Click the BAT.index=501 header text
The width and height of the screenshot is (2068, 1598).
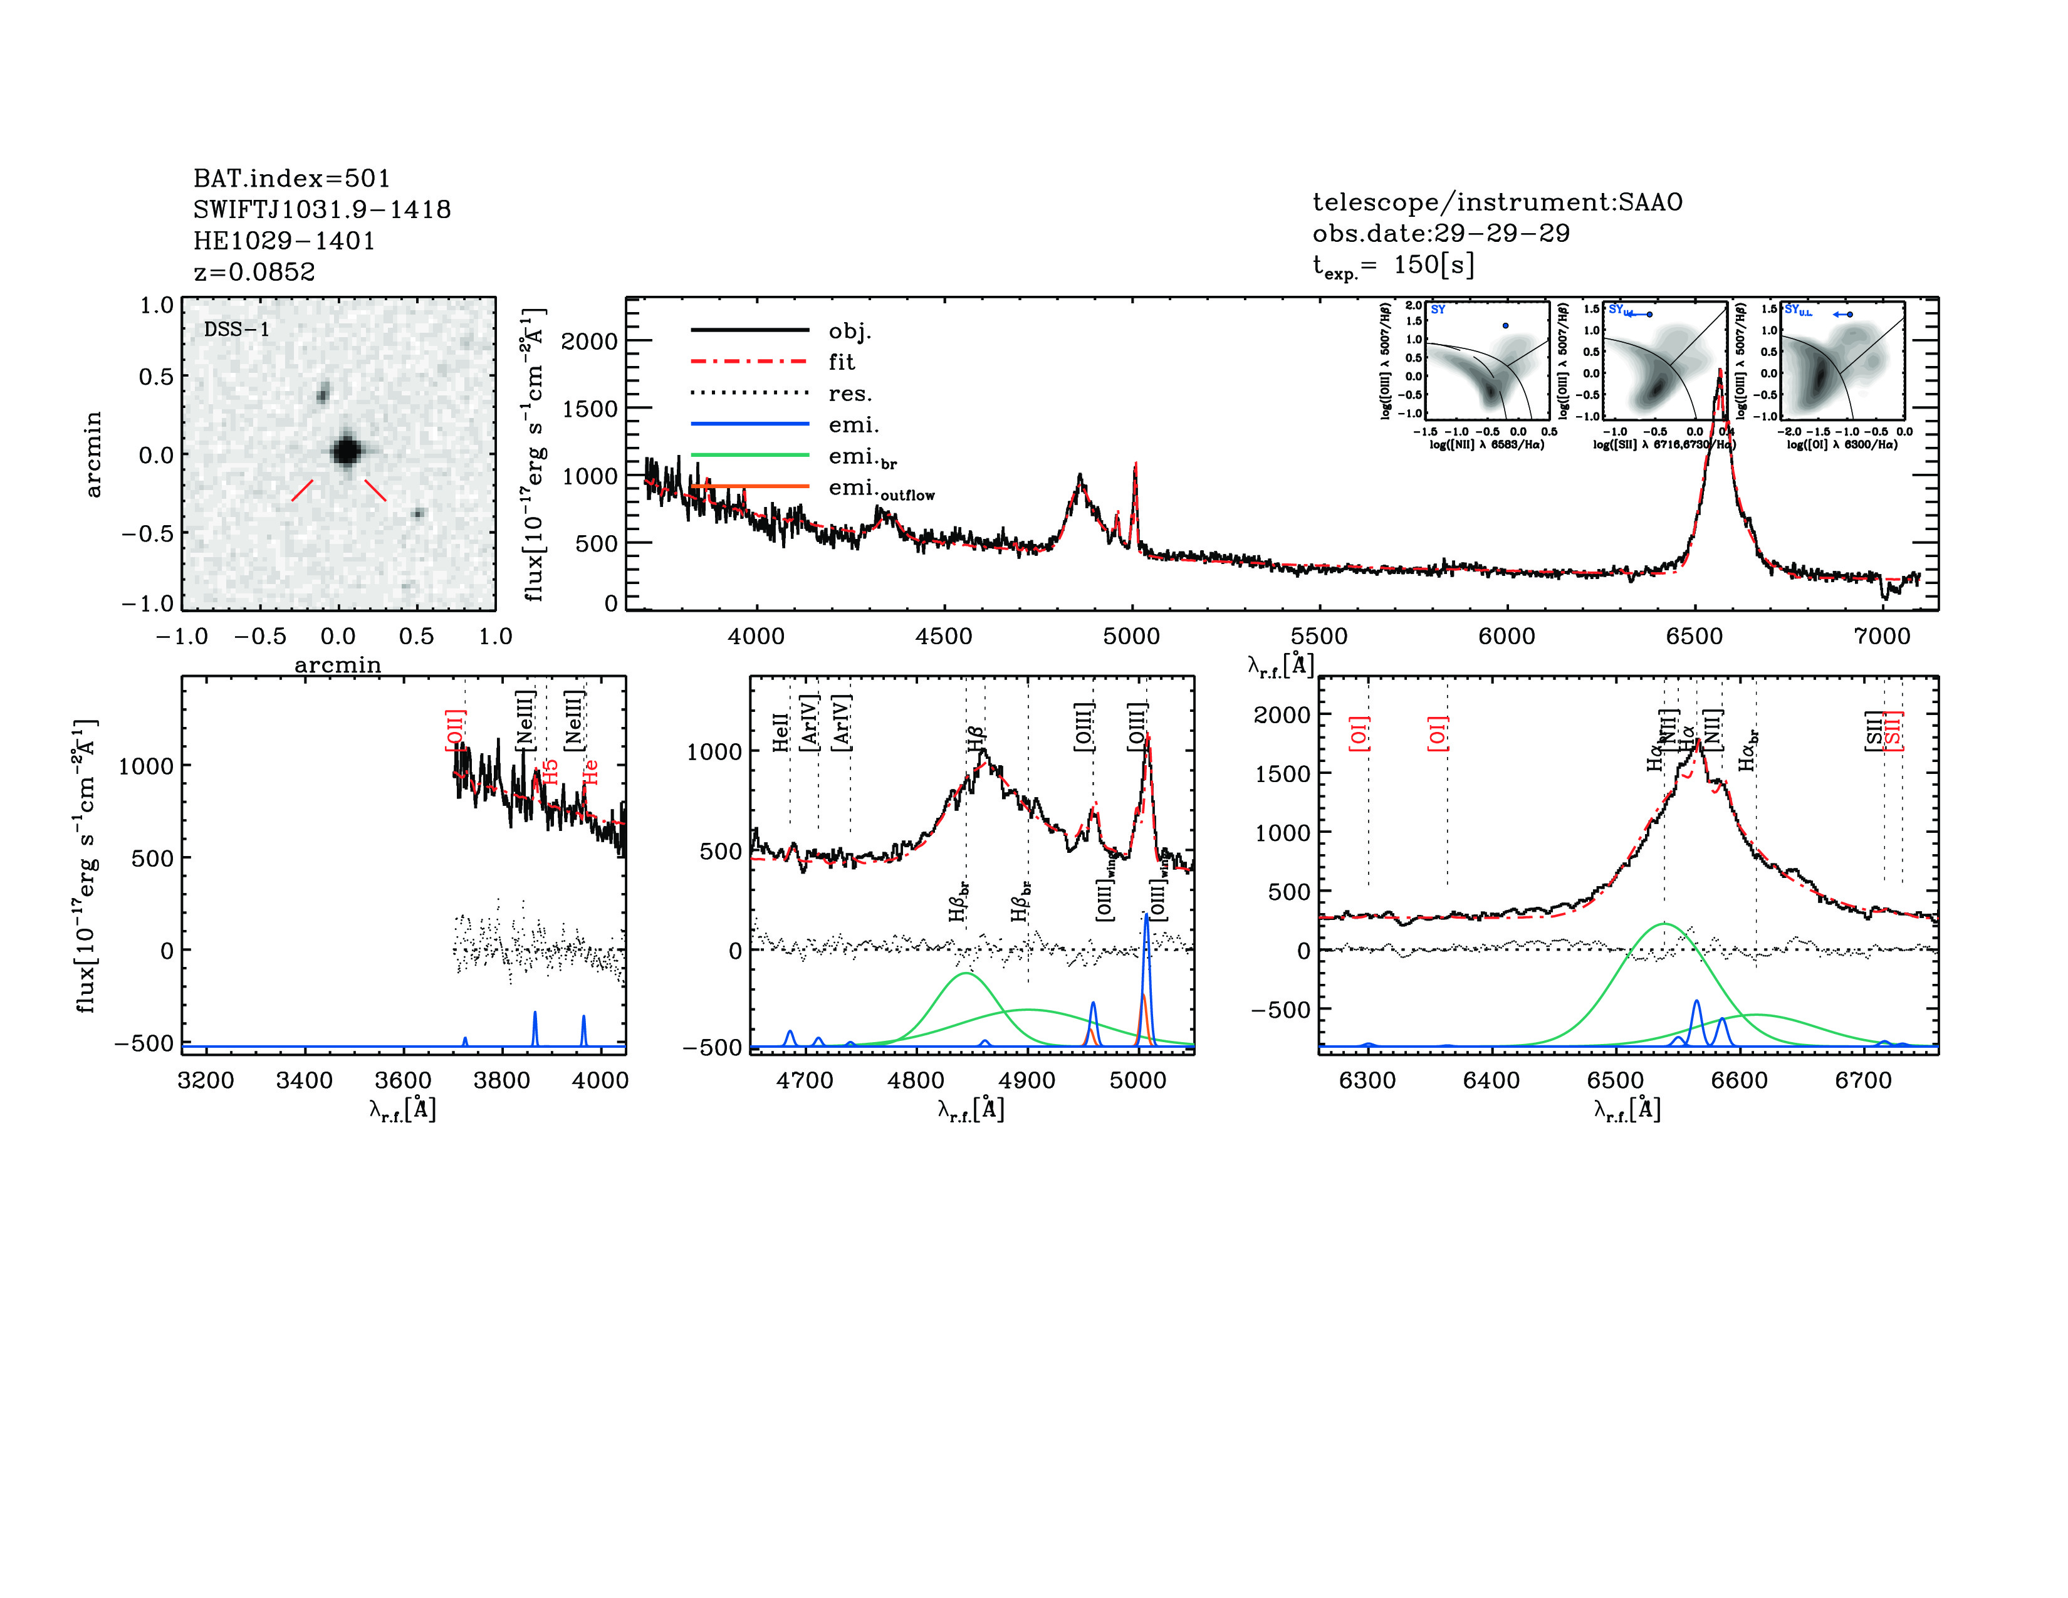click(x=291, y=178)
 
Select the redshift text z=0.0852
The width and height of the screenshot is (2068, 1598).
click(x=254, y=272)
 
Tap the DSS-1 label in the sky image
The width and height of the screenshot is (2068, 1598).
click(x=237, y=330)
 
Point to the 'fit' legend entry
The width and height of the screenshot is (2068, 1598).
click(x=841, y=362)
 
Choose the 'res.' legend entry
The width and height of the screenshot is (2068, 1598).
click(x=849, y=393)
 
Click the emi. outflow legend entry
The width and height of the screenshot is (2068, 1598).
click(x=880, y=489)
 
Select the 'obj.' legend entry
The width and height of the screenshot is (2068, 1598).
click(x=849, y=330)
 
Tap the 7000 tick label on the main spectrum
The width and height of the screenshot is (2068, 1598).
click(x=1881, y=636)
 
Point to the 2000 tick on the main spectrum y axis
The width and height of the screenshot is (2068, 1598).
click(x=589, y=341)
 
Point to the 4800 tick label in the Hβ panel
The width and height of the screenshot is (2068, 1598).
click(x=916, y=1080)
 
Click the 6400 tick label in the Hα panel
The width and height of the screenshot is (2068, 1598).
click(x=1491, y=1080)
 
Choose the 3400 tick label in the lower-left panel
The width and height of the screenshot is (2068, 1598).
click(x=304, y=1080)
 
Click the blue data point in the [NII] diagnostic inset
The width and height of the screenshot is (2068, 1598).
click(x=1505, y=326)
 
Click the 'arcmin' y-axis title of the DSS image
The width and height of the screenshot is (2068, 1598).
click(x=93, y=454)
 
